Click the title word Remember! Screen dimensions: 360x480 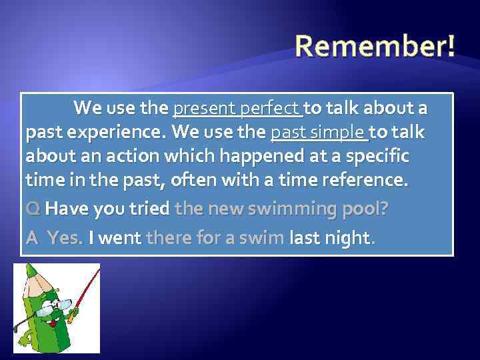click(x=375, y=47)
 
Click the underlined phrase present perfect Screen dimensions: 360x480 click(x=237, y=108)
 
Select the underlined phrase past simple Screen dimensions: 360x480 click(x=319, y=133)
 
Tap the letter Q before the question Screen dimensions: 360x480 click(x=32, y=209)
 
